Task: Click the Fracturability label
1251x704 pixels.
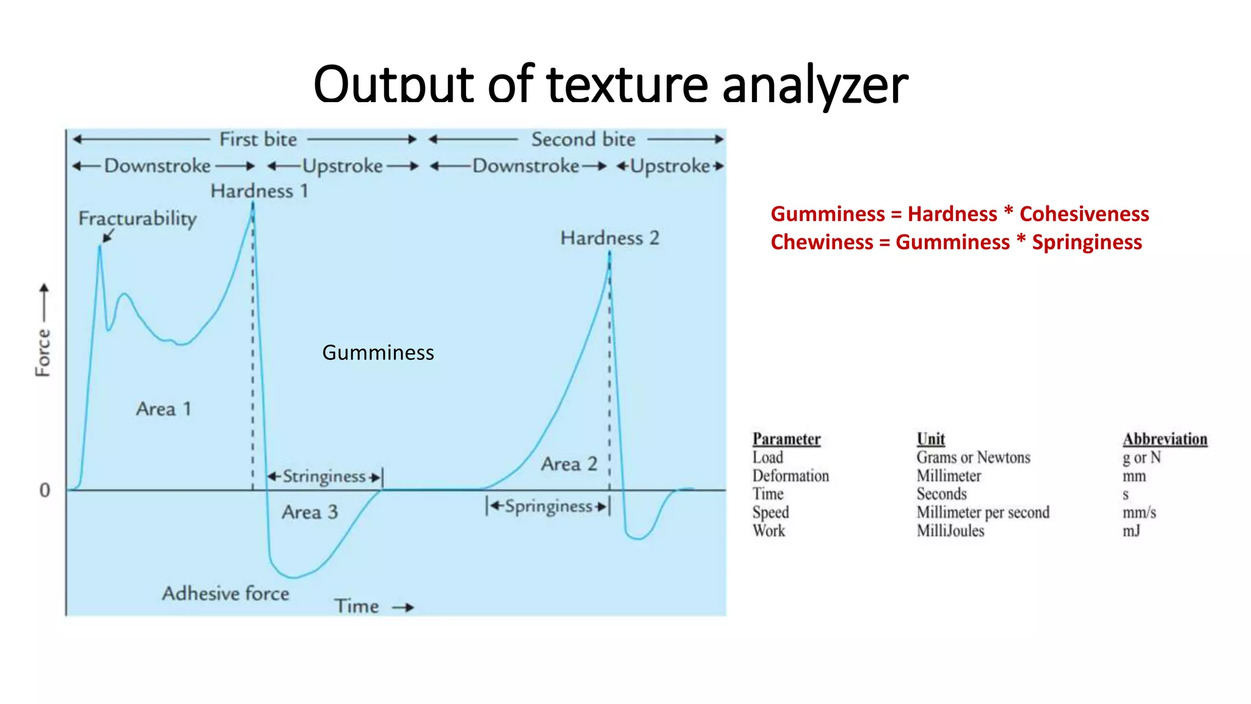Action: [137, 218]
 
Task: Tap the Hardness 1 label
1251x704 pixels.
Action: [259, 191]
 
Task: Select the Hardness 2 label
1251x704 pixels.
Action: [610, 238]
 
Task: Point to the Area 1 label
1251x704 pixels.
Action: [164, 408]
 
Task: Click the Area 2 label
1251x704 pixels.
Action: [569, 464]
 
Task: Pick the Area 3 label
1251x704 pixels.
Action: [310, 512]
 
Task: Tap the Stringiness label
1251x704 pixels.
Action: [324, 476]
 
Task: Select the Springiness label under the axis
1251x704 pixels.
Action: [548, 507]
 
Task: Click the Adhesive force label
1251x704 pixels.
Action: [225, 593]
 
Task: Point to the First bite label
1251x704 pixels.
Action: [258, 139]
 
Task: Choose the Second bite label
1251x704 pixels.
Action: [583, 139]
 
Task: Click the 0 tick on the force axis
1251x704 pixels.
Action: [45, 490]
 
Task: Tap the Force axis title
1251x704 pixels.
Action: [43, 352]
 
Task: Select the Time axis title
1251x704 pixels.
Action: [357, 606]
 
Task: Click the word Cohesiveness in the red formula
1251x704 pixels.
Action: [1084, 214]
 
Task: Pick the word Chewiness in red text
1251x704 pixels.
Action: [822, 242]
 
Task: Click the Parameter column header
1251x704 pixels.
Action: [786, 439]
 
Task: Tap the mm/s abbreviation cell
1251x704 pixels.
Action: [1139, 512]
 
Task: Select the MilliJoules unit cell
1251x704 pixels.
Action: [950, 530]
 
